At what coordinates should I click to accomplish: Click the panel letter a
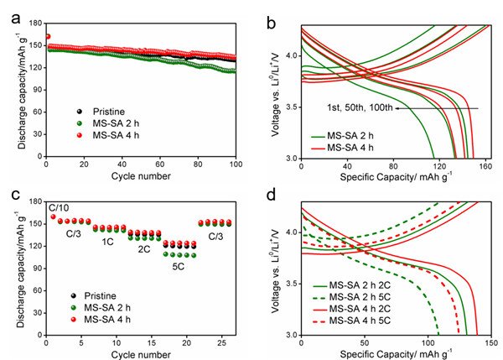tap(9, 11)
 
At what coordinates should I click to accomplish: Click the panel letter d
tap(269, 195)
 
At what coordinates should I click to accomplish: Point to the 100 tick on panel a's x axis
tap(236, 167)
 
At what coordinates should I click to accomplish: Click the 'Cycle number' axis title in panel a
tap(140, 179)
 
